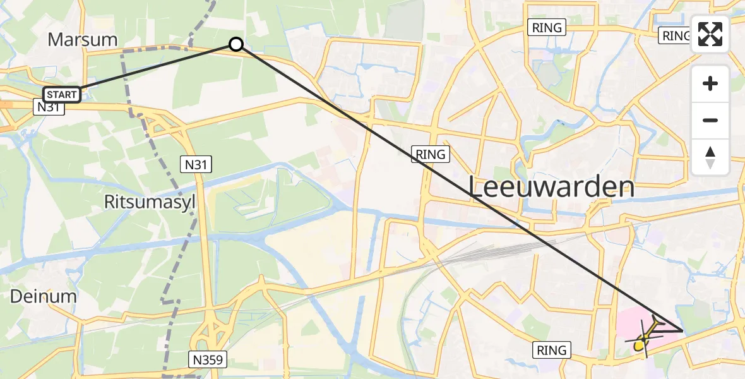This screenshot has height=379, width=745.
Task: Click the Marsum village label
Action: point(83,39)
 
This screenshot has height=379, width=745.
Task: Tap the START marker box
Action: point(62,95)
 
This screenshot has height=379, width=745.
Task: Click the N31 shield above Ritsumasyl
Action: point(196,165)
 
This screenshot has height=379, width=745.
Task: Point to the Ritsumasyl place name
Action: point(150,202)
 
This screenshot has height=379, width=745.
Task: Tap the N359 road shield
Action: point(208,360)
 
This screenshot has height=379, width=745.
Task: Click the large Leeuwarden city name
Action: point(551,188)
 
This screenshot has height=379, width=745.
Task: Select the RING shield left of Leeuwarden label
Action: point(431,153)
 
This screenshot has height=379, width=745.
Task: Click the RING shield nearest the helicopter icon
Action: point(552,349)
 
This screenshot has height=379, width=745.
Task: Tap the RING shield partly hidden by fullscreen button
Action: point(675,36)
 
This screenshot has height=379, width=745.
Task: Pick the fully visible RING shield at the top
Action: point(547,27)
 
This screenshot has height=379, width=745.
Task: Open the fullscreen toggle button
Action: point(710,35)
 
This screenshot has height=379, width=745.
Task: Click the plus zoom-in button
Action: point(710,83)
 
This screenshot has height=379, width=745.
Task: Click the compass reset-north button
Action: point(710,157)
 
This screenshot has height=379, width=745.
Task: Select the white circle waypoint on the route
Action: point(235,44)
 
